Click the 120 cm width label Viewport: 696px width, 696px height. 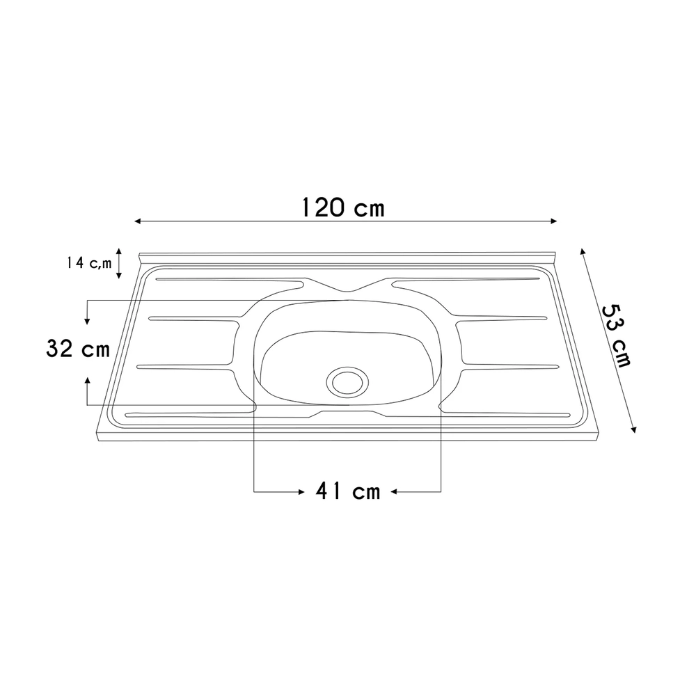point(342,207)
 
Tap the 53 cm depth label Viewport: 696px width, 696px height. point(616,336)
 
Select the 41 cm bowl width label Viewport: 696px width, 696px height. point(349,491)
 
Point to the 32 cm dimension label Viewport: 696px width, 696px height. point(78,349)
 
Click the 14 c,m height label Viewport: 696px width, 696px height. point(89,263)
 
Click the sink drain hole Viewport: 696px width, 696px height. point(347,381)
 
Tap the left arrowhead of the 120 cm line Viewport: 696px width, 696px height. point(138,221)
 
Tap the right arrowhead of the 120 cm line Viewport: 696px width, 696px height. point(553,221)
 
